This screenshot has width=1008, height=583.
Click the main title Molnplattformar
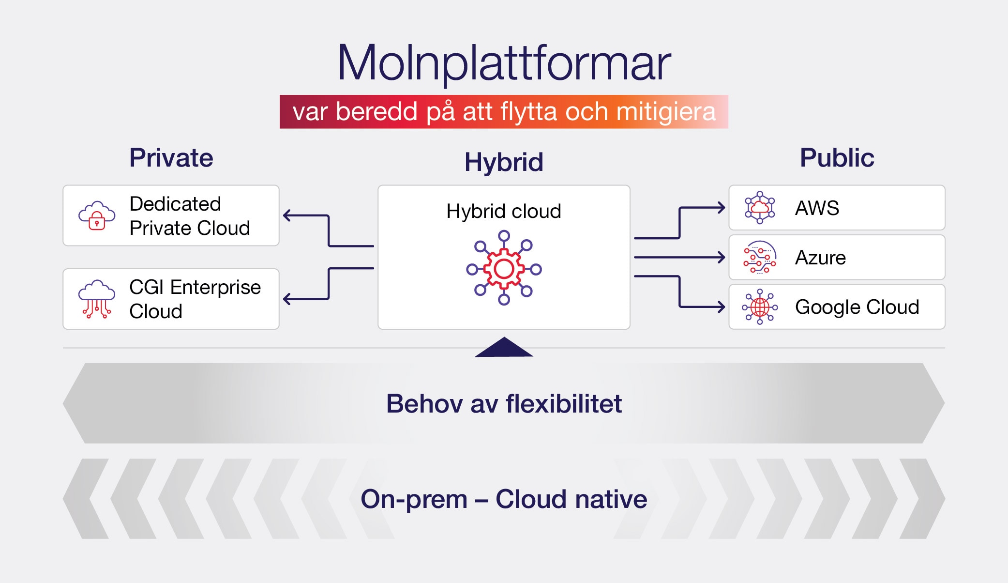pos(504,63)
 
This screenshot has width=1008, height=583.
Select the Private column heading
pos(171,158)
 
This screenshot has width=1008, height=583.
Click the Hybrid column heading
pos(504,162)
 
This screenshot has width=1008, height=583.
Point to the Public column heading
pos(837,158)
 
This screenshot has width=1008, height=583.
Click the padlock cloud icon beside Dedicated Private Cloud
pos(97,216)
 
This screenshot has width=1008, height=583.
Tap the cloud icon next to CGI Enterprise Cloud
pos(97,299)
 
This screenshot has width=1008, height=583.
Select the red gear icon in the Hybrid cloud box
pos(504,268)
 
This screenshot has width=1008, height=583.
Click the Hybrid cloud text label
pos(504,211)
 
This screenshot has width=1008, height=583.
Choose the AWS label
pos(817,208)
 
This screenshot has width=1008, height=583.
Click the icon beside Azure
pos(759,258)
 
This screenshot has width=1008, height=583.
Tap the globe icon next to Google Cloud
pos(760,307)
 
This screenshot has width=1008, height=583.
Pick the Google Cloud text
pos(857,307)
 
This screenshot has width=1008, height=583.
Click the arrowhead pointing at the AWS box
pos(722,208)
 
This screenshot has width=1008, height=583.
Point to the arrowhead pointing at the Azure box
pos(722,257)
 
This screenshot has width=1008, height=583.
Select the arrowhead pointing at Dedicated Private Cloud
pos(287,215)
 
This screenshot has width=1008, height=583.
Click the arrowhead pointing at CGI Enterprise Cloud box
pos(287,299)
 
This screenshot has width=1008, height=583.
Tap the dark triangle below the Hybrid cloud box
pos(504,349)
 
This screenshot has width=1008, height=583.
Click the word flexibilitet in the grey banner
pos(564,404)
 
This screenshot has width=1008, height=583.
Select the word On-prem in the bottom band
pos(414,499)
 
